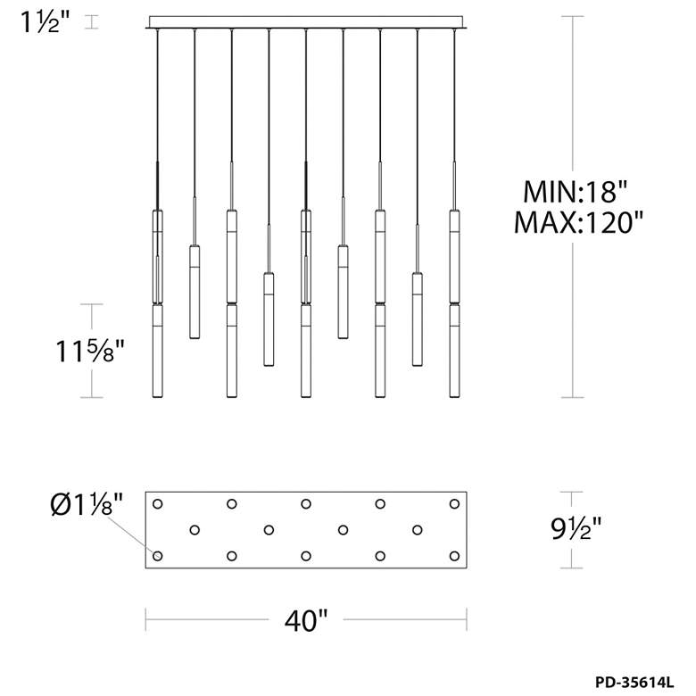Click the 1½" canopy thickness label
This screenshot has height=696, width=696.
(x=45, y=21)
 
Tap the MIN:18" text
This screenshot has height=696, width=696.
(x=576, y=192)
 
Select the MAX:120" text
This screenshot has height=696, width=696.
(x=578, y=222)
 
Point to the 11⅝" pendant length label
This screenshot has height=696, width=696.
(x=90, y=351)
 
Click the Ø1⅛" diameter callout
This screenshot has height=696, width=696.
(x=87, y=504)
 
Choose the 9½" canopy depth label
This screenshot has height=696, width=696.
(x=576, y=528)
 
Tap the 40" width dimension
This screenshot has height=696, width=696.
(x=306, y=620)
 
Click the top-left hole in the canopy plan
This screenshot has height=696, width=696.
(x=158, y=504)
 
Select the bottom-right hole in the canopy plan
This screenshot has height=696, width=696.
(x=454, y=556)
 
